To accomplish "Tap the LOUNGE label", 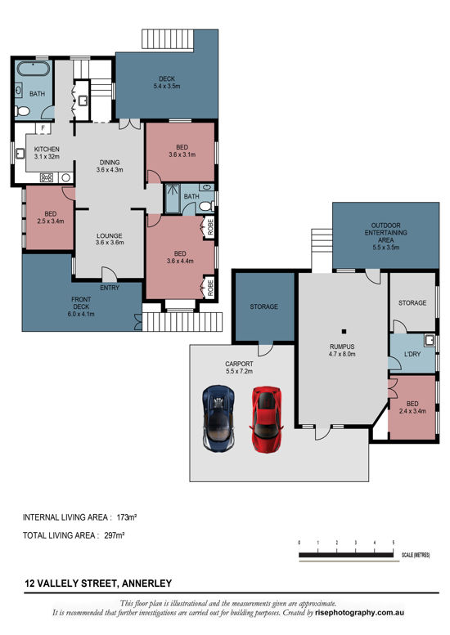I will pyautogui.click(x=109, y=237).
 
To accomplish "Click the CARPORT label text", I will pyautogui.click(x=240, y=364).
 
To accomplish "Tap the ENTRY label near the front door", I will pyautogui.click(x=109, y=288).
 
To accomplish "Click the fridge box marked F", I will pyautogui.click(x=43, y=128).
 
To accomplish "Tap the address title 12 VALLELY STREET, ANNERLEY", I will pyautogui.click(x=97, y=583).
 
